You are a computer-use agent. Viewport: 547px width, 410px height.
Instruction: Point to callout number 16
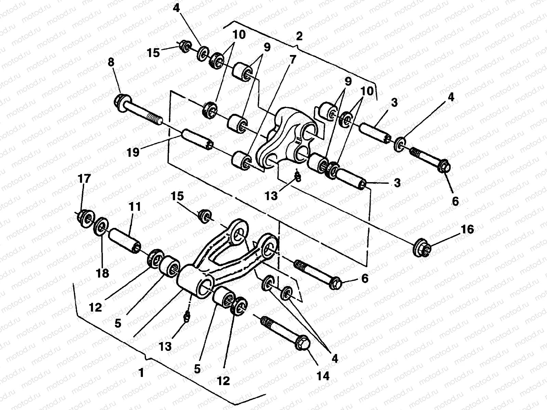[467, 230]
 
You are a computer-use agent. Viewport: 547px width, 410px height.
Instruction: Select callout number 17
[84, 179]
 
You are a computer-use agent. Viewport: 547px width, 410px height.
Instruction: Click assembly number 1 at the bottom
[141, 373]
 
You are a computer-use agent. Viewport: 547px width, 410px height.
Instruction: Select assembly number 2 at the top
[299, 36]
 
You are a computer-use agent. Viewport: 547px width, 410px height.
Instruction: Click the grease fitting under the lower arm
[187, 318]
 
